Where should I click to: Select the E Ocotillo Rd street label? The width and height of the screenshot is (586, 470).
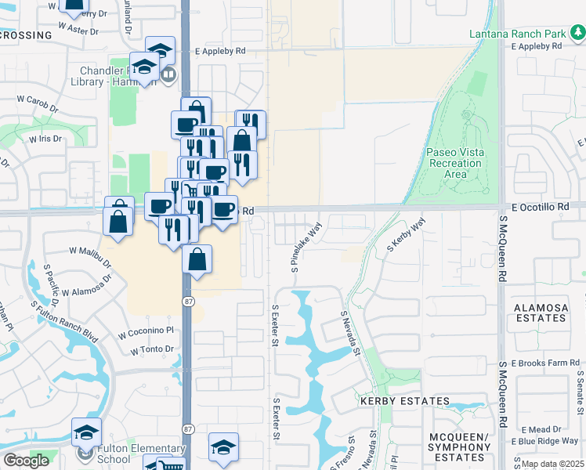click(539, 206)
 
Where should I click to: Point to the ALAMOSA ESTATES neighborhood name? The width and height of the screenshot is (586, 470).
click(541, 313)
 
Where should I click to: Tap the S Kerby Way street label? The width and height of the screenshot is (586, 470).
click(406, 234)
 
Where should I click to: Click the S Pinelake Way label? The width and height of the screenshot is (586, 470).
click(307, 246)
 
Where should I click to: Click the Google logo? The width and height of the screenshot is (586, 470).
click(26, 461)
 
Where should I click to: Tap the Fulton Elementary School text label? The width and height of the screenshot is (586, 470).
click(125, 455)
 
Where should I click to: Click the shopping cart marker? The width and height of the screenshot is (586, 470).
click(171, 465)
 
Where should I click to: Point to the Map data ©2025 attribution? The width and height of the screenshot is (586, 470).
click(552, 464)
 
